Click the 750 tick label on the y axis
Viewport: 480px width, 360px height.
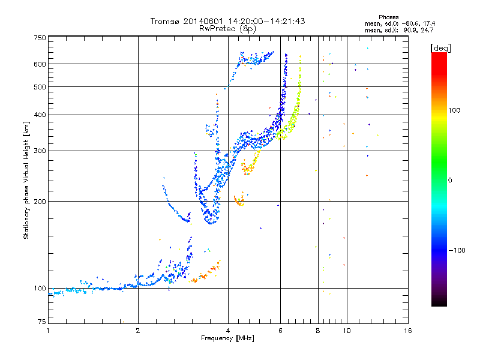point(40,38)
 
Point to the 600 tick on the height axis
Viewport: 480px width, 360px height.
point(40,64)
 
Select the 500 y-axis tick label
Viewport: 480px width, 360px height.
point(40,87)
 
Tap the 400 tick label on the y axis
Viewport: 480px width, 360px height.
point(40,115)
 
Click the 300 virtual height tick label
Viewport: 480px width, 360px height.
point(40,151)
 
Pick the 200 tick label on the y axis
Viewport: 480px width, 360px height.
point(40,202)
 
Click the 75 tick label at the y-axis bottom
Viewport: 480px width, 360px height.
point(41,323)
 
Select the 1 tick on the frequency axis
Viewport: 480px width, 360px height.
point(48,331)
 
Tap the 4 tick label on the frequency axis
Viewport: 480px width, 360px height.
point(228,331)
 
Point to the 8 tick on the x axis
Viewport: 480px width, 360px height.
point(318,331)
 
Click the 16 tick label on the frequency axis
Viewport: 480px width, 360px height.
point(407,331)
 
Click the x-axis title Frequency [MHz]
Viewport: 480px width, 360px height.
point(228,338)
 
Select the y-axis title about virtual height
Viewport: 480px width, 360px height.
point(26,180)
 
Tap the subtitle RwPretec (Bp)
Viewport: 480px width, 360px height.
point(228,28)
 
